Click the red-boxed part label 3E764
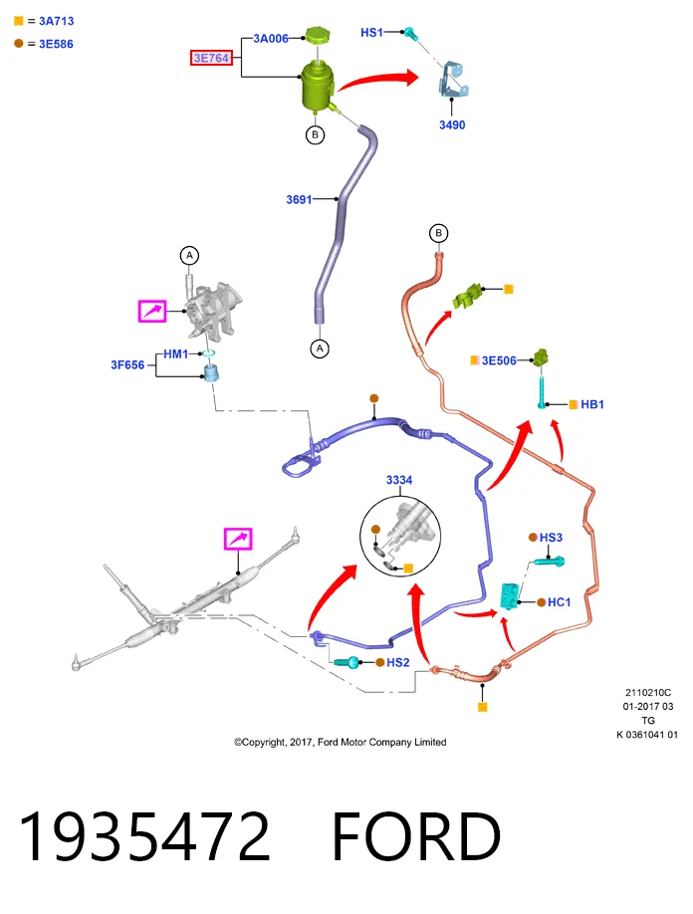[211, 58]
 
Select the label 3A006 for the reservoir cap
[271, 39]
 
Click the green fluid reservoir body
[317, 87]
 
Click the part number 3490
[452, 124]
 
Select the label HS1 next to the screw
[371, 33]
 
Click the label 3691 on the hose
[299, 199]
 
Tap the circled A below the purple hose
[320, 348]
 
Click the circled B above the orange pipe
[439, 233]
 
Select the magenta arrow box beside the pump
[152, 311]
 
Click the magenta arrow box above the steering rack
[238, 539]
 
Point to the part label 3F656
[127, 364]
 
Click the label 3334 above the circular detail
[399, 480]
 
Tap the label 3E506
[499, 360]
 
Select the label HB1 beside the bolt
[592, 404]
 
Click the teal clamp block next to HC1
[510, 596]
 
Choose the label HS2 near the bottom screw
[398, 662]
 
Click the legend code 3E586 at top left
[56, 44]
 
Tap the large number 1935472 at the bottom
[144, 836]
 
